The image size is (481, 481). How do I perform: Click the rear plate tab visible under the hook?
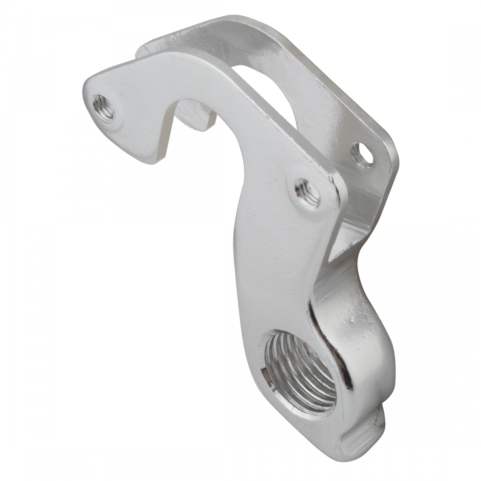click(x=196, y=116)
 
